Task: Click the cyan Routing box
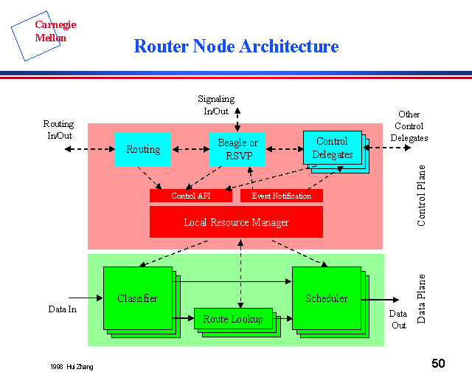(x=142, y=149)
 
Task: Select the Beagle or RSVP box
(x=237, y=149)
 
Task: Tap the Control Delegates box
(x=333, y=148)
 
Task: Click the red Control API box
(x=191, y=196)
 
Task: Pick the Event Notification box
(x=282, y=196)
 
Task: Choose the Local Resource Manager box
(x=236, y=221)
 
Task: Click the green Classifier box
(x=137, y=298)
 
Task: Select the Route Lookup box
(x=233, y=319)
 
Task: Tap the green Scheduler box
(x=327, y=298)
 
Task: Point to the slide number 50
(x=438, y=363)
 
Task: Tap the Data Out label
(x=399, y=319)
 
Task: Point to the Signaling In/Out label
(x=216, y=104)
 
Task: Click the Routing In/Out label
(x=59, y=130)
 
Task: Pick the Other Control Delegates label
(x=409, y=126)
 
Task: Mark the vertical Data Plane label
(x=422, y=299)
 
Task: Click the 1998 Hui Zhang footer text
(x=72, y=367)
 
